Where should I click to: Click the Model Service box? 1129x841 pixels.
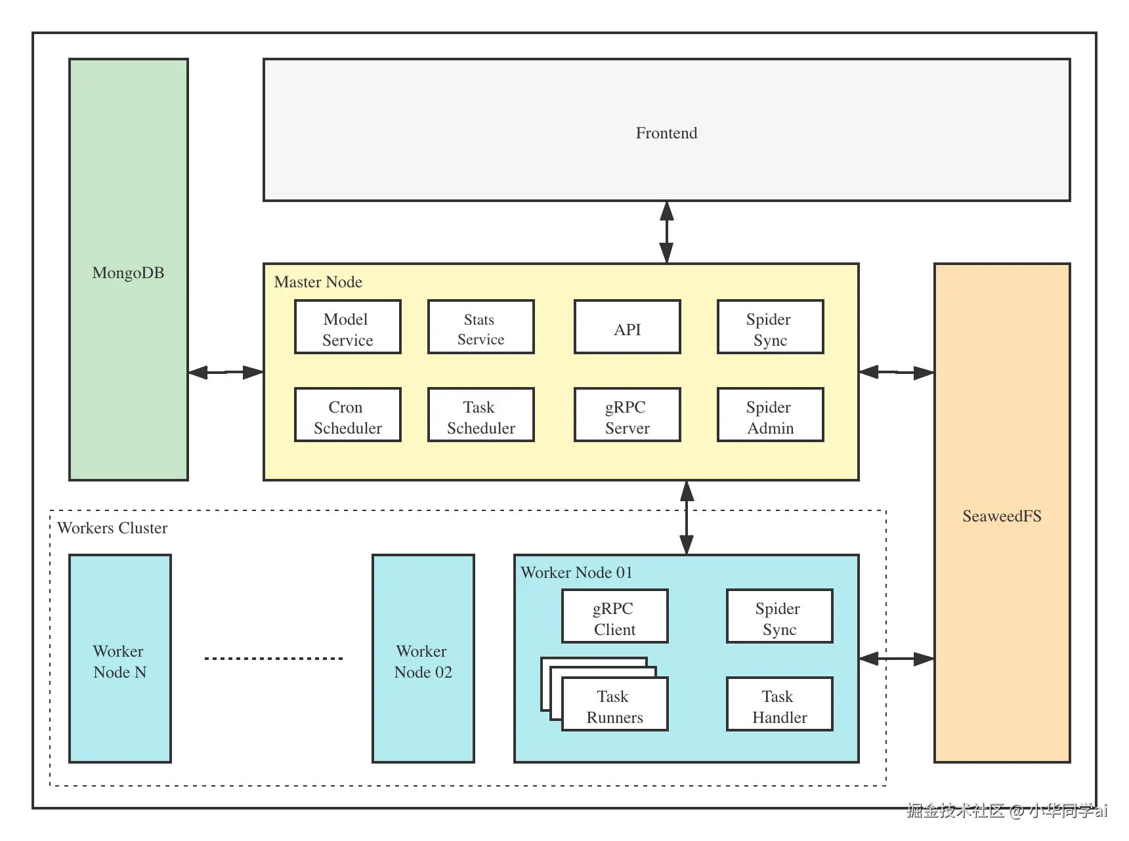348,327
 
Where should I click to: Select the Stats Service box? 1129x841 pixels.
481,327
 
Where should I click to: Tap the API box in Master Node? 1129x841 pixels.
628,327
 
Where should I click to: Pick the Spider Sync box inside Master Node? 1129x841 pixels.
771,327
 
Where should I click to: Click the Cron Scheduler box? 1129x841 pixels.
348,415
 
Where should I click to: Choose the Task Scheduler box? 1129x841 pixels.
481,415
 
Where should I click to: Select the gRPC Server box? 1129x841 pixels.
628,415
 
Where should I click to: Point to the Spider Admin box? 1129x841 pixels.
771,415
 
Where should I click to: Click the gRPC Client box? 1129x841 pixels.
615,616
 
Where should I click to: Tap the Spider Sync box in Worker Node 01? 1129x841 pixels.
780,616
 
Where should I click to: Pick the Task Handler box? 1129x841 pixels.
780,704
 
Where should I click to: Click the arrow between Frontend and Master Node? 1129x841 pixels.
666,232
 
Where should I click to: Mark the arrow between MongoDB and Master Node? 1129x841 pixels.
226,372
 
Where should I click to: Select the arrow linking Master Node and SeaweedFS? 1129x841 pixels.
897,372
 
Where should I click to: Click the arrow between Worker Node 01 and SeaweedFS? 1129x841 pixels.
897,658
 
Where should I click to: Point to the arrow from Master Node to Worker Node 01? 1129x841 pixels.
687,518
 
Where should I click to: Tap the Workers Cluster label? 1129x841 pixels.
112,528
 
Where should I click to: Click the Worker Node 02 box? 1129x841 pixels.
423,659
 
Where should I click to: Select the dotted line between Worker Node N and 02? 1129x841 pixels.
273,658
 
